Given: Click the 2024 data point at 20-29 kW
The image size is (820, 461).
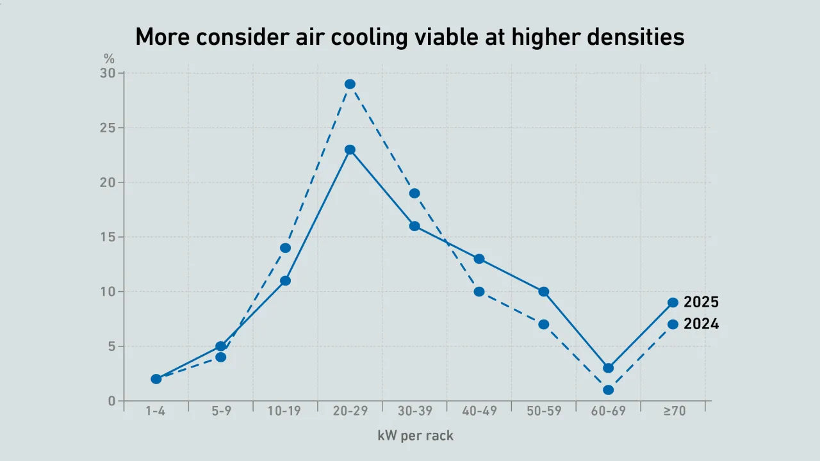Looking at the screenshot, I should coord(350,84).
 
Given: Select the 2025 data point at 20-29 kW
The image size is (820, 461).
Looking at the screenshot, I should coord(350,150).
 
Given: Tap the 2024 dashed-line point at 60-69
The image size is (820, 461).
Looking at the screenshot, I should coord(609,390).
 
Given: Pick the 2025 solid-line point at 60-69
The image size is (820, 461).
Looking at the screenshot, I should coord(609,368).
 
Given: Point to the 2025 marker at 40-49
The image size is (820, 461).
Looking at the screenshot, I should coord(479,259).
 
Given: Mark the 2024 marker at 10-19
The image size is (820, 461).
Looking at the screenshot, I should coord(285,248).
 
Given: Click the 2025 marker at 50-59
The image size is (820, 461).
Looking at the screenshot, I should coord(544,291).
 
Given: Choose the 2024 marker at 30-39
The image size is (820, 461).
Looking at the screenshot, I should coord(414,193).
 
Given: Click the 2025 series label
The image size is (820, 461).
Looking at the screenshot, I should coord(701,302).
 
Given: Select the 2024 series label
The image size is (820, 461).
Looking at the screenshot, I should coord(701,324).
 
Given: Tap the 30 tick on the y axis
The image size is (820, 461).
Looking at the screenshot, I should coord(107,74).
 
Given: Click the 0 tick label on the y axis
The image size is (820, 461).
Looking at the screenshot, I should coord(111,401).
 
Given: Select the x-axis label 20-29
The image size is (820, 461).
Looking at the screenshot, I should coord(350,412).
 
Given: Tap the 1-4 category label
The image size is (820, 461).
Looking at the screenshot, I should coord(156,412).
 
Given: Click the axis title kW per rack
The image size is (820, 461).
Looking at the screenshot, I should coord(415,436).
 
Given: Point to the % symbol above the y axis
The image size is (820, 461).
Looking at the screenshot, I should coord(109,59).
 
